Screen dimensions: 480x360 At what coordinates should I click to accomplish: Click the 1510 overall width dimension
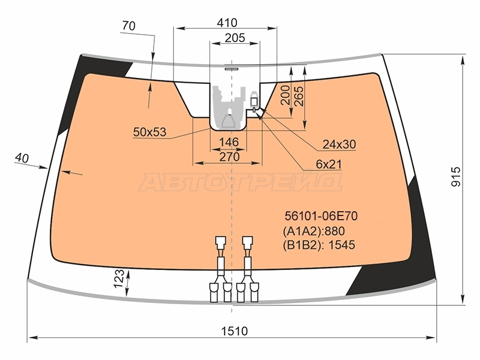(234, 331)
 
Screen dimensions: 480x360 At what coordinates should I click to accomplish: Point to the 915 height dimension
(456, 176)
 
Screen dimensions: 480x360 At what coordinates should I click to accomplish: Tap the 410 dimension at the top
(227, 23)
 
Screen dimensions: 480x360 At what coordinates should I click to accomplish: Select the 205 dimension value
(235, 38)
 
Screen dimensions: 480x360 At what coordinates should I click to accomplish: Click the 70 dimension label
(128, 26)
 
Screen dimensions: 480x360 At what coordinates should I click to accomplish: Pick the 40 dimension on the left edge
(22, 158)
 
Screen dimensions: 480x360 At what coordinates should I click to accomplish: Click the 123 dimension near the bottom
(119, 278)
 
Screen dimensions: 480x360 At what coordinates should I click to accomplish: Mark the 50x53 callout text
(149, 132)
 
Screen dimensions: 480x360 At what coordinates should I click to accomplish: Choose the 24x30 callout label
(339, 144)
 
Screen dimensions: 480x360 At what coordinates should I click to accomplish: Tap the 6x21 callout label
(329, 164)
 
